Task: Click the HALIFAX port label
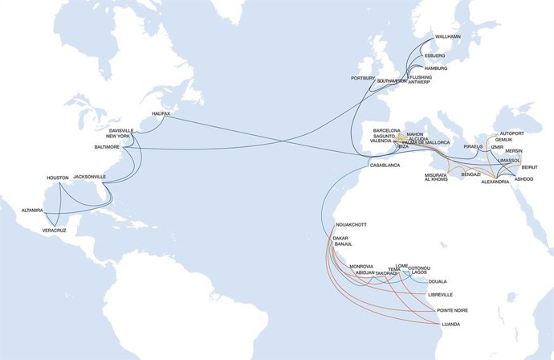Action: tap(162, 114)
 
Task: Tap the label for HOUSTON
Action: tap(59, 178)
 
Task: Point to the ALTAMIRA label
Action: tap(32, 211)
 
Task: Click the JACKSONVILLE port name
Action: tap(90, 177)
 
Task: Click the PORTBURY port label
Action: tap(363, 78)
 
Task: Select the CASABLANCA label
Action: tap(385, 165)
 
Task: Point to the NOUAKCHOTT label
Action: tap(351, 225)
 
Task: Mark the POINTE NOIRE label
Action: tap(452, 309)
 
